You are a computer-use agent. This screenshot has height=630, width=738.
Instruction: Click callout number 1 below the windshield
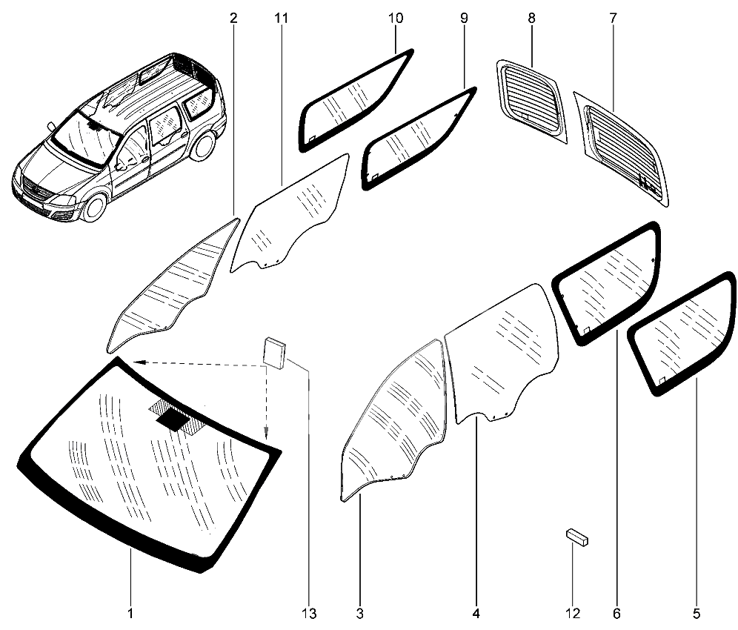130,614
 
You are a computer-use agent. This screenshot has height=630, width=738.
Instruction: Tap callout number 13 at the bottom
309,614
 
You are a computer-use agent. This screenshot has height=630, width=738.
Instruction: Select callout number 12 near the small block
573,614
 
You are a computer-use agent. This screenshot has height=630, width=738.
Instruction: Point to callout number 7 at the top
613,19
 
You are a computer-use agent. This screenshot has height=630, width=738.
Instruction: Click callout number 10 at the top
396,19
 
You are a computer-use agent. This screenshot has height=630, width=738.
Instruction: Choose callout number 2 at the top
233,19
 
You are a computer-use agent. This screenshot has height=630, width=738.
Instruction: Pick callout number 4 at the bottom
476,614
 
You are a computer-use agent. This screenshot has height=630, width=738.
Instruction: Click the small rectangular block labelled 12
577,537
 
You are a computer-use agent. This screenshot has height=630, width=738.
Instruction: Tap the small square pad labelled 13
275,353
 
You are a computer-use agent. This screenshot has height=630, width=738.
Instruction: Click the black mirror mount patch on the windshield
173,419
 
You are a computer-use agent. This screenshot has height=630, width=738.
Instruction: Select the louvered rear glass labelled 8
532,102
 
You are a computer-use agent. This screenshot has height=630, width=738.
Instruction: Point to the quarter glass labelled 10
356,100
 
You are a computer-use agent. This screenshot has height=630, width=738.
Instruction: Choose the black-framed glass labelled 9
419,139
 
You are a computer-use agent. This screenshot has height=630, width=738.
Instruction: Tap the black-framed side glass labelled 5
682,334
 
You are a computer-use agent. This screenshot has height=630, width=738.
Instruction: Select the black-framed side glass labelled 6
607,283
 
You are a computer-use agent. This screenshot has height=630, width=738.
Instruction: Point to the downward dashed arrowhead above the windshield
266,432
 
